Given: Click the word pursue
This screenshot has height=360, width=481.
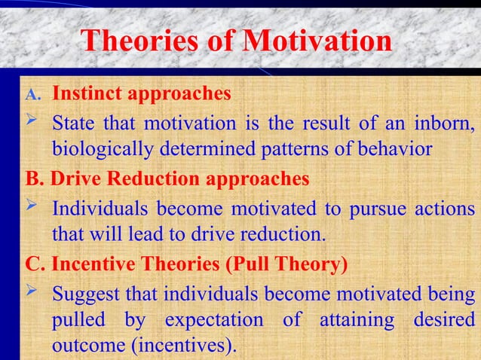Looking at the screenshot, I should click(375, 207).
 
